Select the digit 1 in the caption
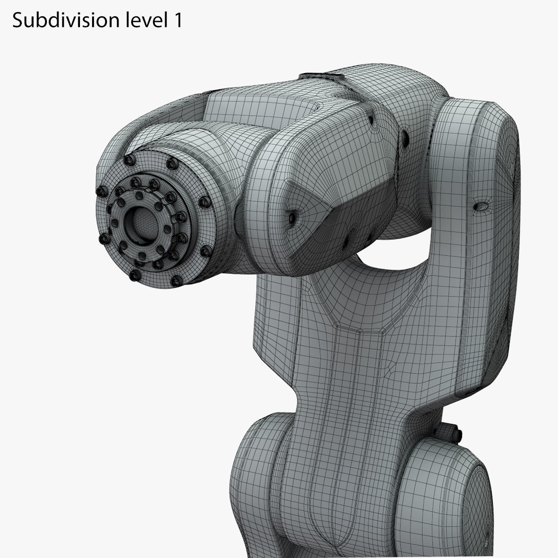(177, 20)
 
